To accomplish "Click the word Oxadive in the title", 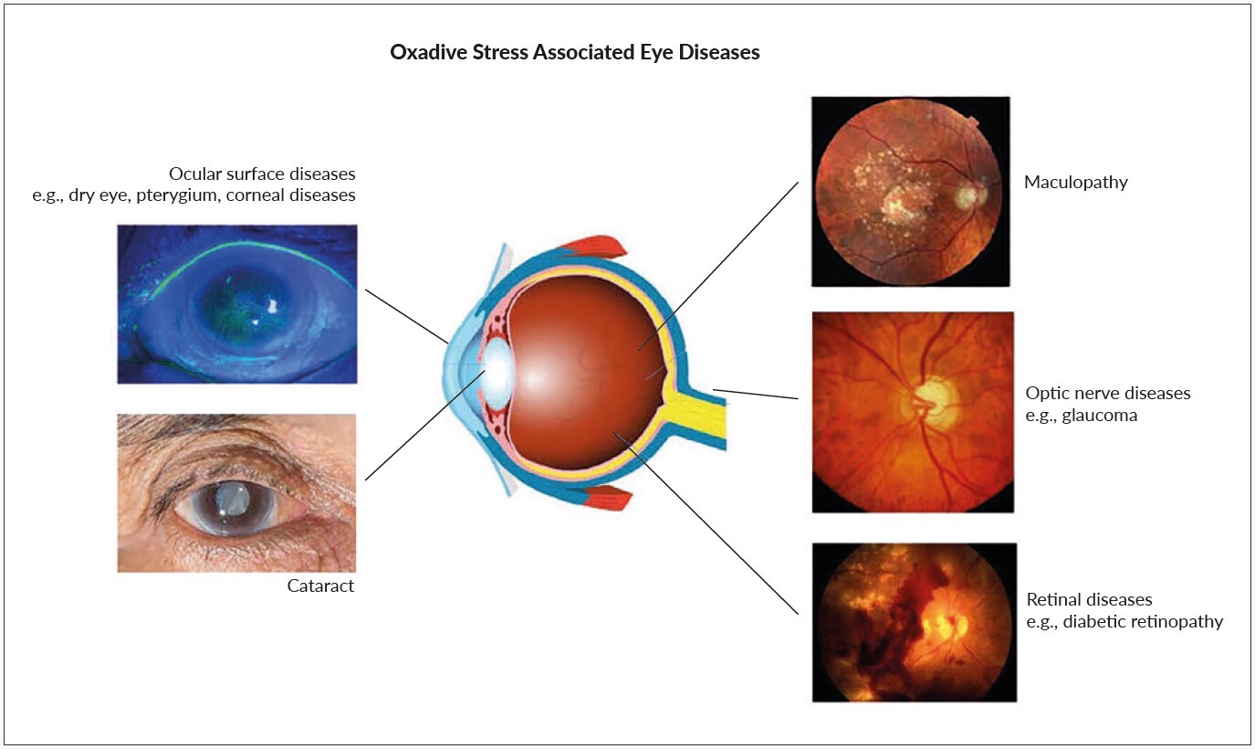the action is point(426,53).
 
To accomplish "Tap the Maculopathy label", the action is point(1075,182).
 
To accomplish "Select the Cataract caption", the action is point(319,586).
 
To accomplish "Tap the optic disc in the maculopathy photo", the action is point(968,195).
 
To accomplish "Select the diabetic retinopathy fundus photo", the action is point(914,622).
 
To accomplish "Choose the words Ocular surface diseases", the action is point(262,174).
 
